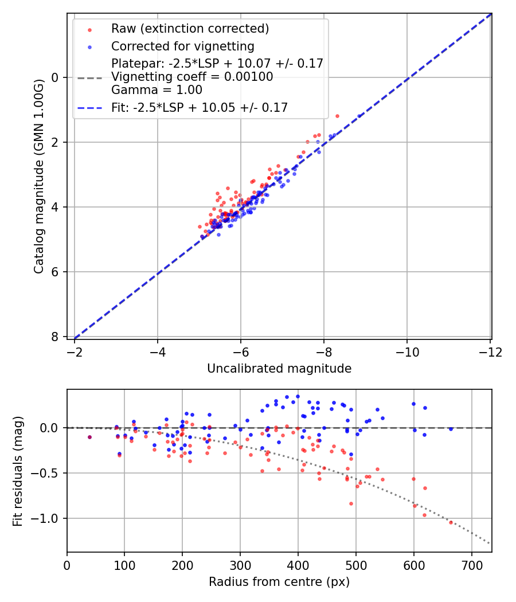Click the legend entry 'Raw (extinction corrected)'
[190, 29]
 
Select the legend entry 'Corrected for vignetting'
[183, 46]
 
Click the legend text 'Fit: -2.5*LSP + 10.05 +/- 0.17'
[200, 107]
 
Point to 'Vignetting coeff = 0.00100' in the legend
[192, 77]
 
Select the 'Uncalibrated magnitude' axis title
[279, 369]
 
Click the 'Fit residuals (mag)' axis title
[18, 471]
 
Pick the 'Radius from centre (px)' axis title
[279, 582]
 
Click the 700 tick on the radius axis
[471, 565]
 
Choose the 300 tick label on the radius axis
[240, 565]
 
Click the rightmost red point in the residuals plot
[451, 522]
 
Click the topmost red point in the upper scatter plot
[337, 116]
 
